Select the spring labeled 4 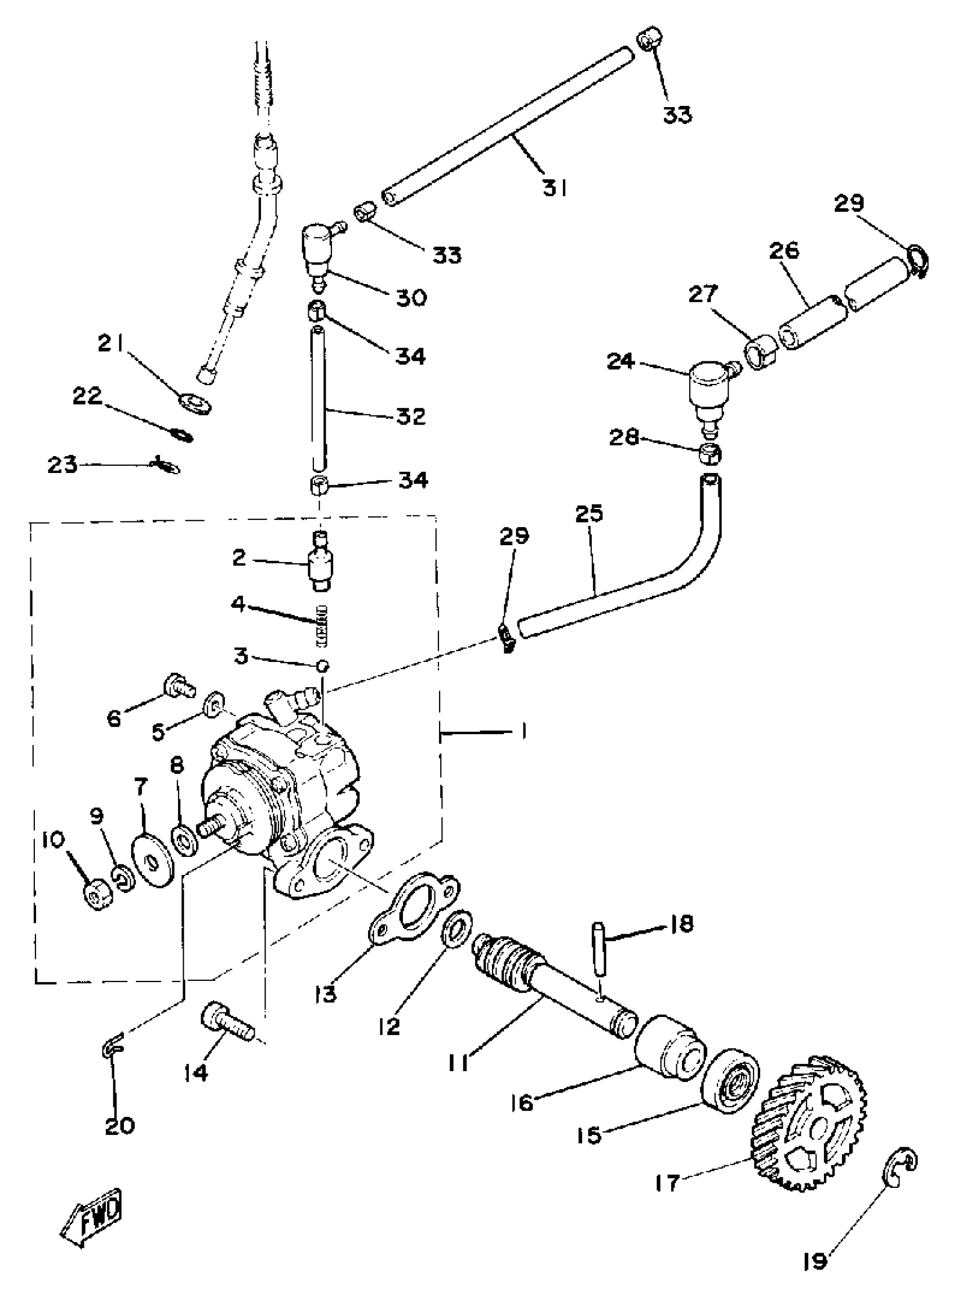tap(321, 625)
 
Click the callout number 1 tap(523, 732)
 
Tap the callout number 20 tap(119, 1125)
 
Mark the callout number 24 tap(620, 361)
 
